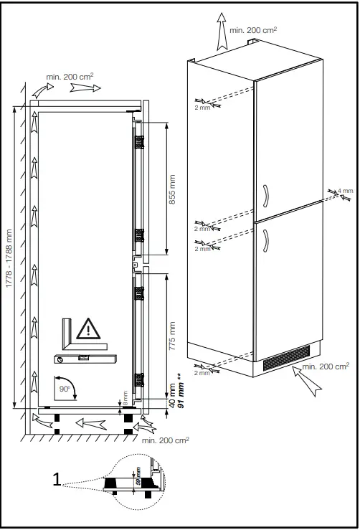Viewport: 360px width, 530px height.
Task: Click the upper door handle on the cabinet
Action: tap(265, 194)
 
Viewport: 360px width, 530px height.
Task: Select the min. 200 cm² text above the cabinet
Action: tap(252, 30)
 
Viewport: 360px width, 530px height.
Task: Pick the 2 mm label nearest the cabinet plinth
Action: tap(204, 373)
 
